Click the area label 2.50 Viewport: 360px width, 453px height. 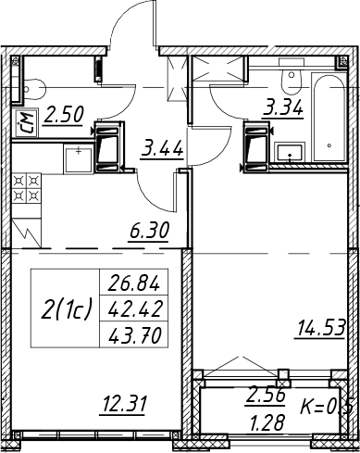coord(63,115)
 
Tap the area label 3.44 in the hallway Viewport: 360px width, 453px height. coord(162,149)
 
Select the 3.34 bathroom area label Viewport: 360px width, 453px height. coord(283,108)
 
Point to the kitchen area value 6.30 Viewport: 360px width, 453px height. coord(149,231)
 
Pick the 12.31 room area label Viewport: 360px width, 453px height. coord(123,405)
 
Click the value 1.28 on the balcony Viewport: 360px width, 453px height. coord(267,422)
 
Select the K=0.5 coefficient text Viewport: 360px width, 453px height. coord(327,408)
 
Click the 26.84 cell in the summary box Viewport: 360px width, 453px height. coord(134,283)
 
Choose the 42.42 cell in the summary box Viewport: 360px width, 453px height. coord(134,308)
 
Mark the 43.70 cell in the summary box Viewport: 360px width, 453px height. coord(135,335)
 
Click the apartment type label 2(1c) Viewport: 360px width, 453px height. coord(67,310)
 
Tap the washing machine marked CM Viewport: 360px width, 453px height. coord(26,123)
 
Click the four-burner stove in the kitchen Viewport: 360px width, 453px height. coord(26,188)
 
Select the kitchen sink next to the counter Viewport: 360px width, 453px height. coord(79,159)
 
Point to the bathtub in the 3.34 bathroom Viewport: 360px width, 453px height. coord(329,117)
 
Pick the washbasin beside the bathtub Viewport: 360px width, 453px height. coord(290,153)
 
